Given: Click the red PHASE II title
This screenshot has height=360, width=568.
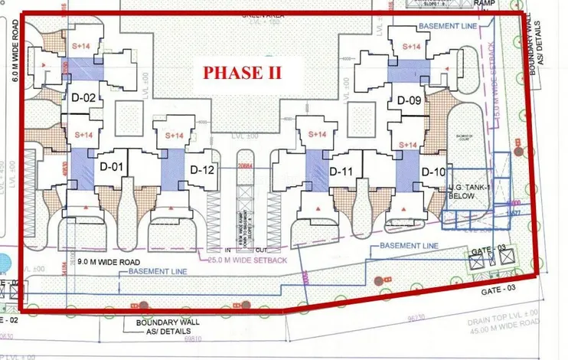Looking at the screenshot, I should click(x=242, y=74).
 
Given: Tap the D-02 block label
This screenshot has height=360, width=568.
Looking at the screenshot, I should click(x=83, y=98).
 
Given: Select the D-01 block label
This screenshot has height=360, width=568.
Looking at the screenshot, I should click(x=112, y=166).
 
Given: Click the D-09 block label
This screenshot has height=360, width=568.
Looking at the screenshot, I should click(x=409, y=100).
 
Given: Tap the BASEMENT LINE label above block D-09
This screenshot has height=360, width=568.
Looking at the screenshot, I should click(x=449, y=27).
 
